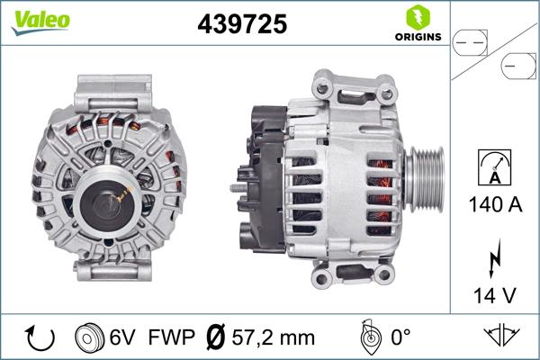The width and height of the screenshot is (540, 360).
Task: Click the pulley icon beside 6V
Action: tap(93, 337)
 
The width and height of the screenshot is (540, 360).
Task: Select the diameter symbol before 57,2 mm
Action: tap(216, 337)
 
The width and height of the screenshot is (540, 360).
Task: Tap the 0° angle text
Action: tap(400, 337)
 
